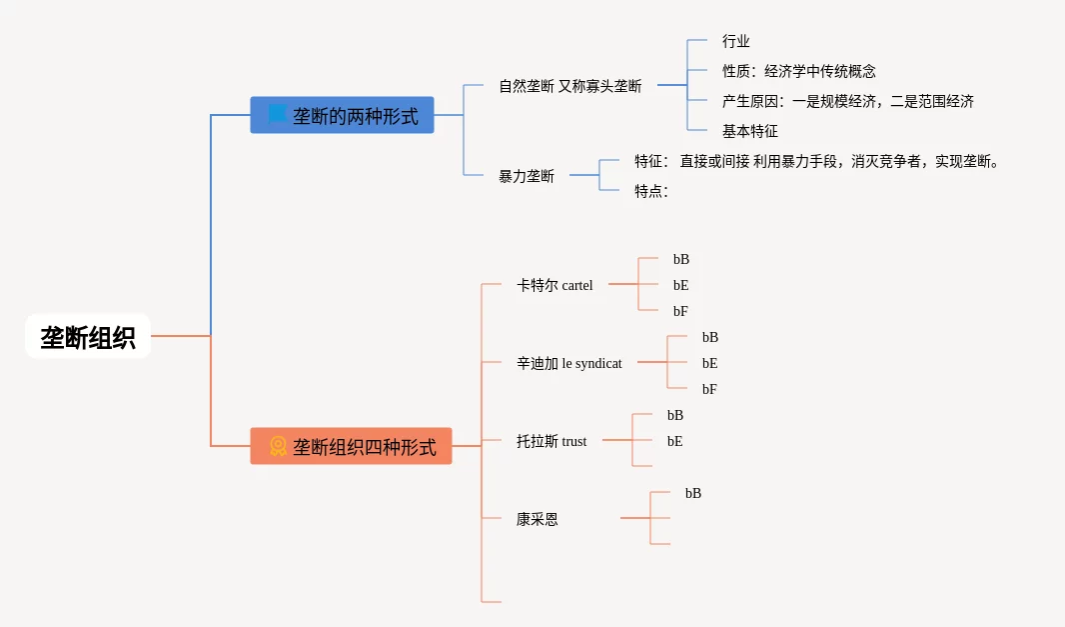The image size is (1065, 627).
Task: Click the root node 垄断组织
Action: coord(88,337)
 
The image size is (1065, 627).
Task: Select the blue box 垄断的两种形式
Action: coord(342,115)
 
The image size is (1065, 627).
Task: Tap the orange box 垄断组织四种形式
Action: coord(351,446)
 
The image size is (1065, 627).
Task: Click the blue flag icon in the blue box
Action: coord(277,114)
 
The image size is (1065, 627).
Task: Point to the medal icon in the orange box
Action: coord(278,446)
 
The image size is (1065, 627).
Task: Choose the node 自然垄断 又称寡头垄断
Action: coord(569,86)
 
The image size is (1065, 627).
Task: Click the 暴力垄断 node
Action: coord(527,176)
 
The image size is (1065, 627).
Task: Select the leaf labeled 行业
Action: coord(736,41)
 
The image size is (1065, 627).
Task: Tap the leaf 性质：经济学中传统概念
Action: coord(798,71)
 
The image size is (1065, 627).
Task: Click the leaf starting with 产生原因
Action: coord(847,101)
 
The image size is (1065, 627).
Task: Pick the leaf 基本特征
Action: coord(749,131)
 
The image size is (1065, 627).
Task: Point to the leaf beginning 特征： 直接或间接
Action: coord(816,161)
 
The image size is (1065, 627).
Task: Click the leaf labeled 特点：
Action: coord(650,191)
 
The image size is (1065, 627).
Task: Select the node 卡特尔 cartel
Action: coord(554,285)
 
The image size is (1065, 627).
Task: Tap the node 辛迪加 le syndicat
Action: coord(568,363)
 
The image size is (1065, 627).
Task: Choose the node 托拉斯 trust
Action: coord(551,441)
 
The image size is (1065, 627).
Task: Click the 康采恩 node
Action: coord(537,519)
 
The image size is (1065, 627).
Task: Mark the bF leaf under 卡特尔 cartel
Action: coord(680,311)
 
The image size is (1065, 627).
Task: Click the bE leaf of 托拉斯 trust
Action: coord(675,441)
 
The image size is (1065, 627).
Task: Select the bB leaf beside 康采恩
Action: coord(693,493)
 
